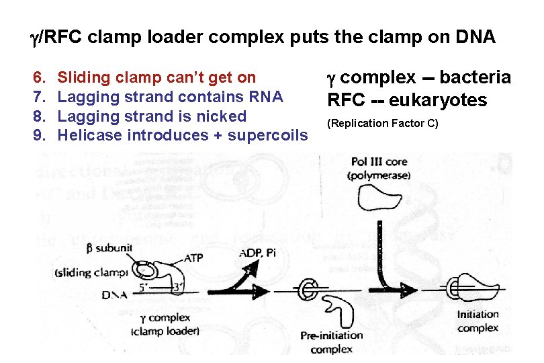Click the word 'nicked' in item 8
(222, 116)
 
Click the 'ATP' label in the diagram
(192, 257)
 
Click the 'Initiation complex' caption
(478, 321)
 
